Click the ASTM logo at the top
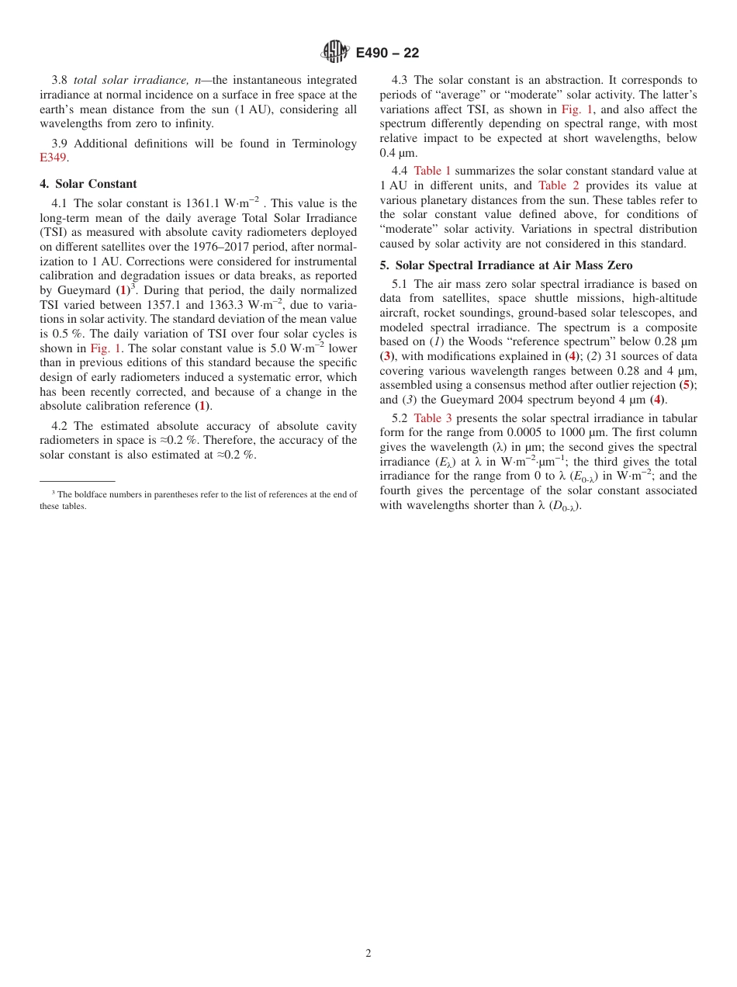pyautogui.click(x=334, y=52)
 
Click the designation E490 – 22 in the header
pyautogui.click(x=387, y=53)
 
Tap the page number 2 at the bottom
pyautogui.click(x=368, y=954)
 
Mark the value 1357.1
pyautogui.click(x=164, y=305)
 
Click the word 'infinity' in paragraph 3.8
pyautogui.click(x=192, y=123)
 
